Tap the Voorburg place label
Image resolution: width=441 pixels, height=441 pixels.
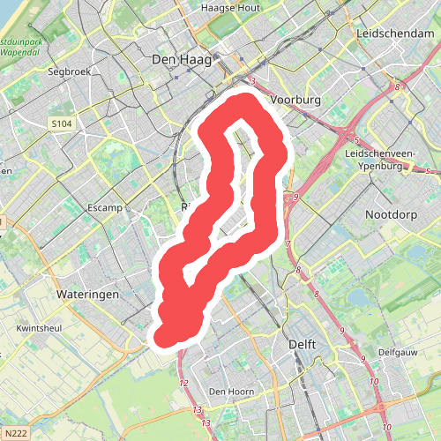296,101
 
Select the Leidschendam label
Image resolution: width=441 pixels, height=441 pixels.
392,33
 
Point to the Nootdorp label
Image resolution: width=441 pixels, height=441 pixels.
392,214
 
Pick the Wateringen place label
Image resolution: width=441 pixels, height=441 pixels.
86,294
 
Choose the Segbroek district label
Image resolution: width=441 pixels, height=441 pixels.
71,71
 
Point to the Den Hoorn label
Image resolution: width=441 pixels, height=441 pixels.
231,391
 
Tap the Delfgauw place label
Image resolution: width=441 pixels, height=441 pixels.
396,351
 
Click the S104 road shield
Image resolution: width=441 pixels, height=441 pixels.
60,123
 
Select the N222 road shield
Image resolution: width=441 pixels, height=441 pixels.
17,433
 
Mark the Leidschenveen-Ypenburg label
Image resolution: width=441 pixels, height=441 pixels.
387,159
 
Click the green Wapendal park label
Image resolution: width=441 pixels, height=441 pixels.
19,47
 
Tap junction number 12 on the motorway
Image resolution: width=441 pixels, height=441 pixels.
183,383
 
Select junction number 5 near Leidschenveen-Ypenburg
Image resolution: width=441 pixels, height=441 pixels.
355,140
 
